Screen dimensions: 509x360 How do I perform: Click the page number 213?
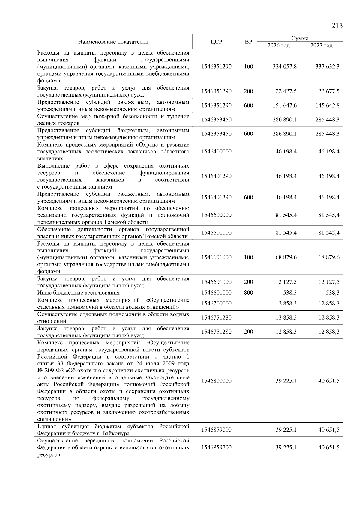(x=337, y=26)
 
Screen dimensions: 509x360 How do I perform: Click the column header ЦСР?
(x=216, y=42)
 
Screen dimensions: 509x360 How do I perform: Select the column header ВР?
(x=248, y=42)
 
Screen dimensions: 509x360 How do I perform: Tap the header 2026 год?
(x=278, y=46)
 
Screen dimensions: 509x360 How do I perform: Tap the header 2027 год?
(x=321, y=46)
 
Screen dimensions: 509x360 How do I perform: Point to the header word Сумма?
(x=300, y=38)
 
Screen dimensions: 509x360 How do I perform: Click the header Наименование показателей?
(x=113, y=42)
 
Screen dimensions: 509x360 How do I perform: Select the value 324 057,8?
(x=284, y=67)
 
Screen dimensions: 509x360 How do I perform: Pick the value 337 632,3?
(x=327, y=67)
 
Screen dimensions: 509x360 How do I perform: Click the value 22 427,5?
(x=286, y=91)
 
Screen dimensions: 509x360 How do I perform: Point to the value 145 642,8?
(x=327, y=106)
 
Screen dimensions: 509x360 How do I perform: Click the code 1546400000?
(x=216, y=152)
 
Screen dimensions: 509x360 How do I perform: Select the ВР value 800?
(x=248, y=293)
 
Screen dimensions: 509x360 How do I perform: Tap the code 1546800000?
(x=216, y=381)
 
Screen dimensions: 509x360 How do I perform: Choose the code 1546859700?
(x=216, y=448)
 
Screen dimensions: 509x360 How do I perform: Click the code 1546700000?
(x=216, y=304)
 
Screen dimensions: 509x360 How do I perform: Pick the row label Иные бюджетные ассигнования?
(x=78, y=293)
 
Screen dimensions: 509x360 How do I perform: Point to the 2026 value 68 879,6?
(x=286, y=257)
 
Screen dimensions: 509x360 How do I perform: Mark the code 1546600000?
(x=216, y=215)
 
